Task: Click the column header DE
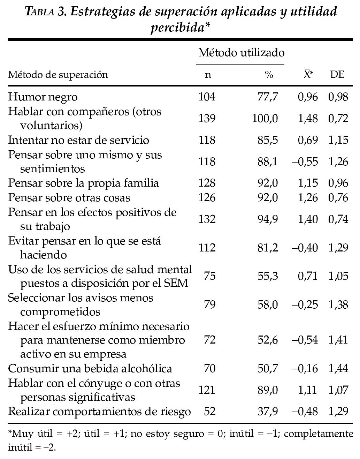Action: pyautogui.click(x=337, y=75)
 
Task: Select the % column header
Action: pyautogui.click(x=269, y=75)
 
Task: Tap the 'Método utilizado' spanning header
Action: pyautogui.click(x=241, y=53)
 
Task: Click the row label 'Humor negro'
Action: pyautogui.click(x=43, y=97)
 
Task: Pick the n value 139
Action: pyautogui.click(x=207, y=118)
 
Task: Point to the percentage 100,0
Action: pyautogui.click(x=265, y=118)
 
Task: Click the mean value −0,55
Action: pyautogui.click(x=305, y=161)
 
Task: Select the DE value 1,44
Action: pyautogui.click(x=338, y=369)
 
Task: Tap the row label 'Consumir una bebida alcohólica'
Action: pyautogui.click(x=90, y=369)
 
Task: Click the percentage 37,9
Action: pyautogui.click(x=268, y=412)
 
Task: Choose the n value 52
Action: pyautogui.click(x=209, y=412)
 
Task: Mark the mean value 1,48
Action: pyautogui.click(x=308, y=118)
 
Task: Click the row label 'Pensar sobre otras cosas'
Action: pyautogui.click(x=69, y=198)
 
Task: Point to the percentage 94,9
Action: pyautogui.click(x=268, y=219)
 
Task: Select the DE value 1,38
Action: pyautogui.click(x=338, y=304)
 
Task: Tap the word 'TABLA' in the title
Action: pyautogui.click(x=40, y=12)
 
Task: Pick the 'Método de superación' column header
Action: pyautogui.click(x=58, y=75)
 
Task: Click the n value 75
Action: pyautogui.click(x=209, y=276)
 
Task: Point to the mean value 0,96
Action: pyautogui.click(x=308, y=97)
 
